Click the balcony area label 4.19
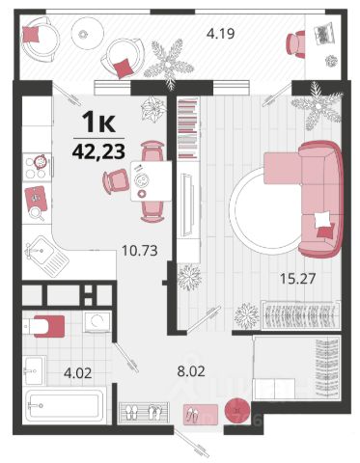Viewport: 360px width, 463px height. point(220,34)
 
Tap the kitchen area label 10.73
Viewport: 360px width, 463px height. point(140,250)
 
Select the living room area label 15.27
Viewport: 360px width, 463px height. point(297,279)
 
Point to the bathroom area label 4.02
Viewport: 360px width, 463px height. point(78,373)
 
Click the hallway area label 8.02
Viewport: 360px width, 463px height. point(191,371)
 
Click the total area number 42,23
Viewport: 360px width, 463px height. point(98,151)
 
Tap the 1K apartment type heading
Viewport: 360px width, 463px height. point(99,122)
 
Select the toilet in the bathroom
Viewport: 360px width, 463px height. point(44,326)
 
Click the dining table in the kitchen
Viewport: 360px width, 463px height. point(151,181)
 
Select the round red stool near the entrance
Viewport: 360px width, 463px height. point(237,411)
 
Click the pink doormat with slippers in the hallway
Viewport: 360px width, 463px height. point(201,415)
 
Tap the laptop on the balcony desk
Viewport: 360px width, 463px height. point(324,34)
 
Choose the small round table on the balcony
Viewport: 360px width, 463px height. point(87,33)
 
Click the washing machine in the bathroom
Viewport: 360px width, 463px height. point(97,322)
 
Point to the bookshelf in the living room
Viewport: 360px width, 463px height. point(187,129)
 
